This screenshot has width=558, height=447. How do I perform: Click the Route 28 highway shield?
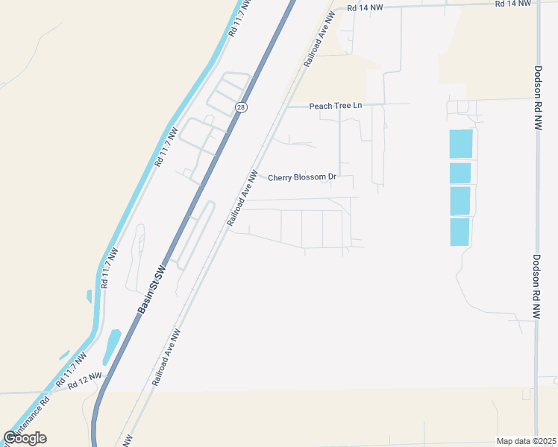241,107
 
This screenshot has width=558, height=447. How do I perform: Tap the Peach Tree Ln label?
335,106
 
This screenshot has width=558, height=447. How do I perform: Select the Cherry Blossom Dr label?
302,177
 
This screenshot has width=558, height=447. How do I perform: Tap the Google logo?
25,438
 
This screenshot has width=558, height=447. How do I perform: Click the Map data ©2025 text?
527,441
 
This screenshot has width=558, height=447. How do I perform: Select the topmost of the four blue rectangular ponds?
461,144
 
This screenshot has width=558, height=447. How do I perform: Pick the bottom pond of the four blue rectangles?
460,232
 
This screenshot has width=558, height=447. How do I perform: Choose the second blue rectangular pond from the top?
460,173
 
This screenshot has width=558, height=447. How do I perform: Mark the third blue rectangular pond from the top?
460,201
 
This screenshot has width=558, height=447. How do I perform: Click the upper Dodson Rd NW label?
537,98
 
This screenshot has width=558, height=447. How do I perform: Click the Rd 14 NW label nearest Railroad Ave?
365,7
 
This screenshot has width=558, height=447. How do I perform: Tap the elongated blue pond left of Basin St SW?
112,346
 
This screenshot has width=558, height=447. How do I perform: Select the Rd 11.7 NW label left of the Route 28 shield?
166,146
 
